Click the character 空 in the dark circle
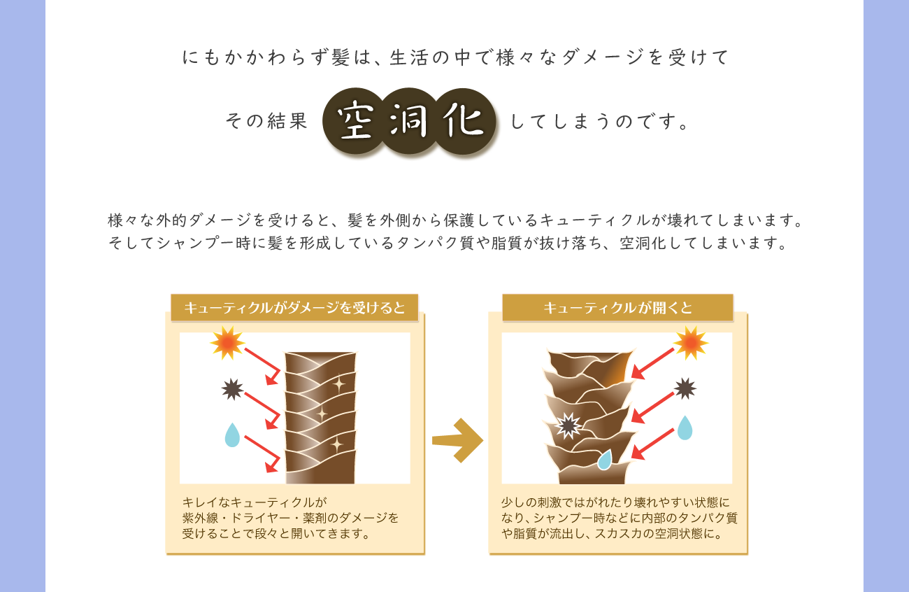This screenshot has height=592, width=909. tap(357, 122)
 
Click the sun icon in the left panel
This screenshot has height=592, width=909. tap(227, 342)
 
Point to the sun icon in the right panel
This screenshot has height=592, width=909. tap(690, 342)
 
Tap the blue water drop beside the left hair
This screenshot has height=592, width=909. tap(232, 435)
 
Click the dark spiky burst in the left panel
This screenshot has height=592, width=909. tap(232, 389)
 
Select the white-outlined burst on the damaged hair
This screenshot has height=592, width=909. tap(568, 425)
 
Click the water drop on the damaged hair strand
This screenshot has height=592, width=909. tap(605, 459)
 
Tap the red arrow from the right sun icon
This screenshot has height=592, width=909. tap(652, 363)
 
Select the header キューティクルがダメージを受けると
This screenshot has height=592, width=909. tap(294, 307)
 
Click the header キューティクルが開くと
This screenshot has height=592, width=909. tap(617, 307)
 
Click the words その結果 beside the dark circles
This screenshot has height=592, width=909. tap(266, 122)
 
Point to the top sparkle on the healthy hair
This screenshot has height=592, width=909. tap(338, 383)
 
